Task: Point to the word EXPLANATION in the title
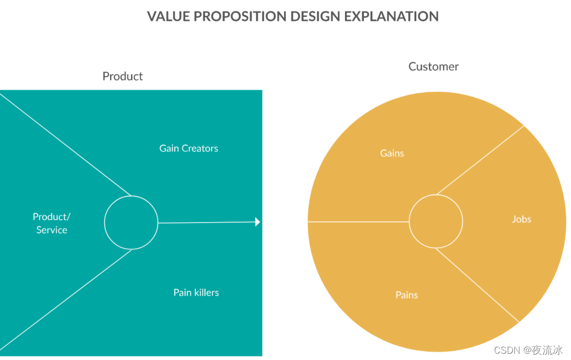[392, 16]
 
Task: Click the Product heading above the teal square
[123, 77]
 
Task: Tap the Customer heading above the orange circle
[434, 67]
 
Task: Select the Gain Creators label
[189, 148]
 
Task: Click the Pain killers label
[196, 292]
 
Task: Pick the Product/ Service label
[51, 223]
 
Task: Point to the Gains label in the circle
[392, 154]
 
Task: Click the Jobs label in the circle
[522, 220]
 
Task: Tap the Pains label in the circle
[407, 295]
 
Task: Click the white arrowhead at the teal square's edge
[257, 222]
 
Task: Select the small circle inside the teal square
[131, 223]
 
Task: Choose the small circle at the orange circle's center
[436, 222]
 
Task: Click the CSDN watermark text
[528, 350]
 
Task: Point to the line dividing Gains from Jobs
[480, 160]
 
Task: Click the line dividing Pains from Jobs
[477, 285]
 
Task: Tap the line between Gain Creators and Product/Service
[66, 144]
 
